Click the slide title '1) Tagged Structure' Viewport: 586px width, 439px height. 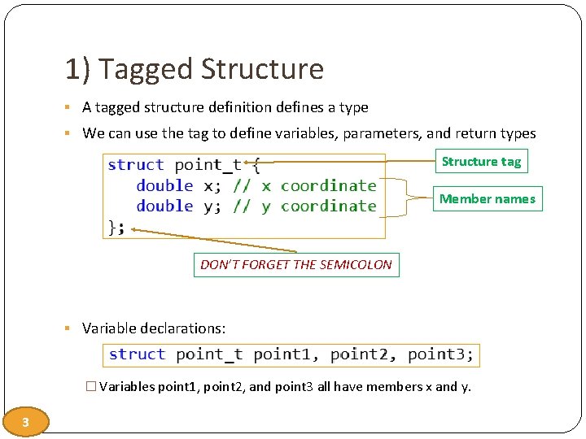point(195,70)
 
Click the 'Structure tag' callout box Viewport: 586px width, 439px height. point(481,162)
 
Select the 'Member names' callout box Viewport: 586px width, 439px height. point(488,199)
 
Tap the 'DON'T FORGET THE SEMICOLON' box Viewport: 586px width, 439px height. point(296,265)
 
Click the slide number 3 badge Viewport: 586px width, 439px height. point(26,422)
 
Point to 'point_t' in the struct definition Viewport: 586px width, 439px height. point(208,165)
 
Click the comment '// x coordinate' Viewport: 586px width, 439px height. point(304,185)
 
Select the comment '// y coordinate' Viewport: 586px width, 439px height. point(304,206)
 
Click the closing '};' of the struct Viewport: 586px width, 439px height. point(117,227)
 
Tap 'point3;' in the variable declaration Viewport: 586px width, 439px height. point(440,354)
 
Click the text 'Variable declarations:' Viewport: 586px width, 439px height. point(154,329)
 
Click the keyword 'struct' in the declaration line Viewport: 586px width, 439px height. point(137,354)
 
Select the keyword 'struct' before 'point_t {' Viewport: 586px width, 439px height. point(136,165)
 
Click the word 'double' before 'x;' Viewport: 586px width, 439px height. point(164,185)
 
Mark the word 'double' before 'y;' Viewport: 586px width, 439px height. point(164,206)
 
